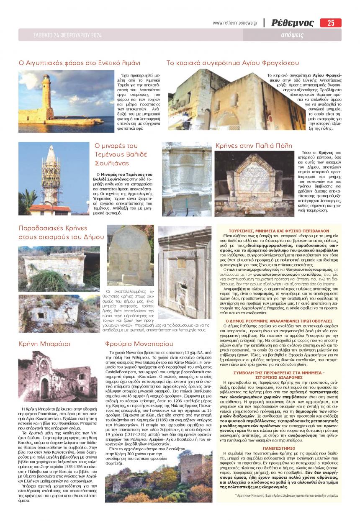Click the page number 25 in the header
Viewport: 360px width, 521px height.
click(x=331, y=23)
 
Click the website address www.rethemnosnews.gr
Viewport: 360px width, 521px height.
click(x=235, y=23)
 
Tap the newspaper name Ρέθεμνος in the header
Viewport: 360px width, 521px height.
click(x=292, y=23)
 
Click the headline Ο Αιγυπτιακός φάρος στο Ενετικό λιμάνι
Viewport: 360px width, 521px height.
click(x=80, y=63)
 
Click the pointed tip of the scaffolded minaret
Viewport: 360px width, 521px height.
click(x=50, y=147)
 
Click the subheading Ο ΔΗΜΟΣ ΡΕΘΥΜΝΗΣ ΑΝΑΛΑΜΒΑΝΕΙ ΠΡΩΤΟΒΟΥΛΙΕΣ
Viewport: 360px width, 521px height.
click(x=280, y=320)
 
